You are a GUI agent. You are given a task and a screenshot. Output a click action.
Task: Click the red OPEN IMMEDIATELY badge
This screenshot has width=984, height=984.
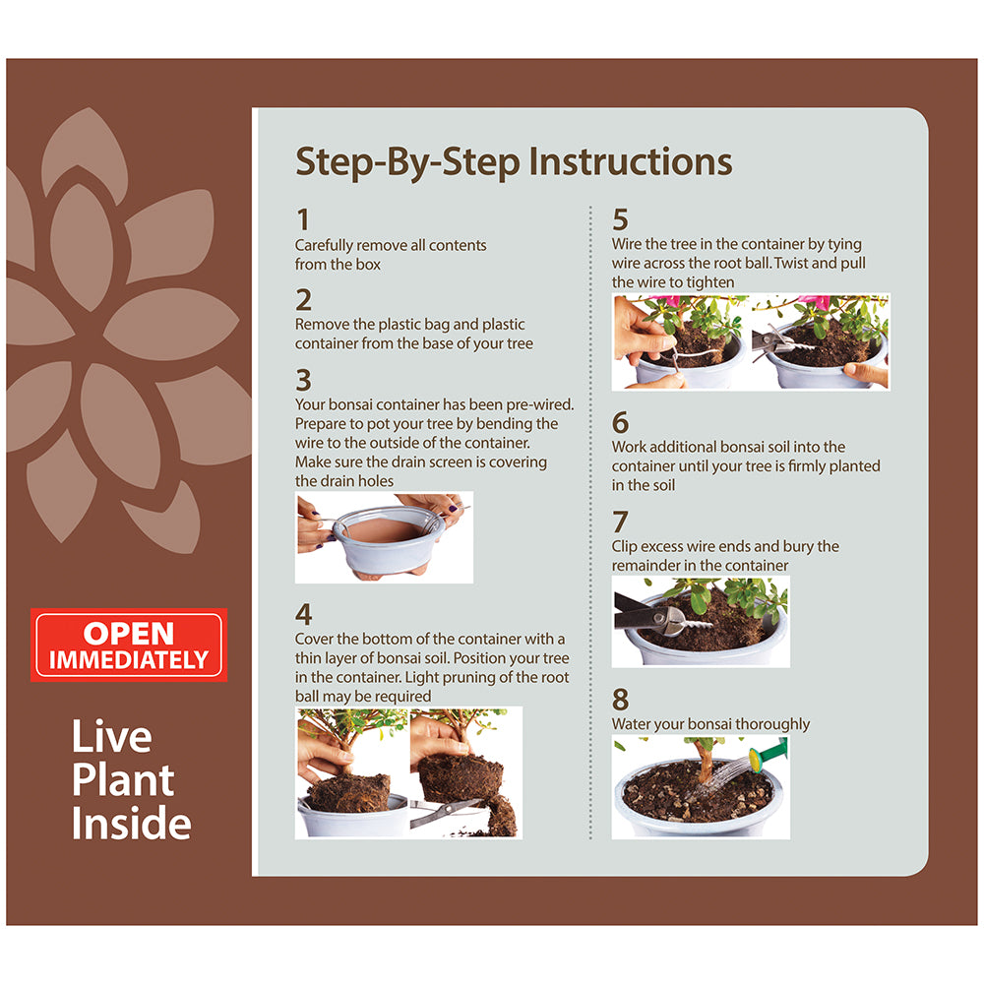coord(129,646)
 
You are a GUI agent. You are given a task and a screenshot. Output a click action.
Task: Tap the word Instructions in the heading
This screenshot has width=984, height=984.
coord(630,161)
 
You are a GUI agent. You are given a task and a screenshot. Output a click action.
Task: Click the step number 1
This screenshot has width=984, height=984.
coord(303,219)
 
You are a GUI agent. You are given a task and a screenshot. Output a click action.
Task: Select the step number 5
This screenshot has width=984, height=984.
coord(620,219)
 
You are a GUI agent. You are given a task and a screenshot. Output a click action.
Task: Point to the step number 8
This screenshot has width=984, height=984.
coord(620,699)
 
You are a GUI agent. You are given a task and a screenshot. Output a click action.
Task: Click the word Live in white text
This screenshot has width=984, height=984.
coord(112,737)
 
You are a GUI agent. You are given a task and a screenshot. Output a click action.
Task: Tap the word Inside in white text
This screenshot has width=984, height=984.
coord(131,823)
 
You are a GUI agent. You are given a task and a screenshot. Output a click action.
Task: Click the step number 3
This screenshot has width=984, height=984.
coord(304,380)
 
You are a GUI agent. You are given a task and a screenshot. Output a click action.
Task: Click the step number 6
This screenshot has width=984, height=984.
coord(620,422)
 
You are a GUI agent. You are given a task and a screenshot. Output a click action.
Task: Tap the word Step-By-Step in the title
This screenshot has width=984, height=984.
coord(408,162)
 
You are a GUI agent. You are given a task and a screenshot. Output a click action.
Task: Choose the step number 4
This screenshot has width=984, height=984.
coord(304,614)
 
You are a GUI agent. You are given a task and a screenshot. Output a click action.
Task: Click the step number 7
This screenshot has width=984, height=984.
coord(620,523)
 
